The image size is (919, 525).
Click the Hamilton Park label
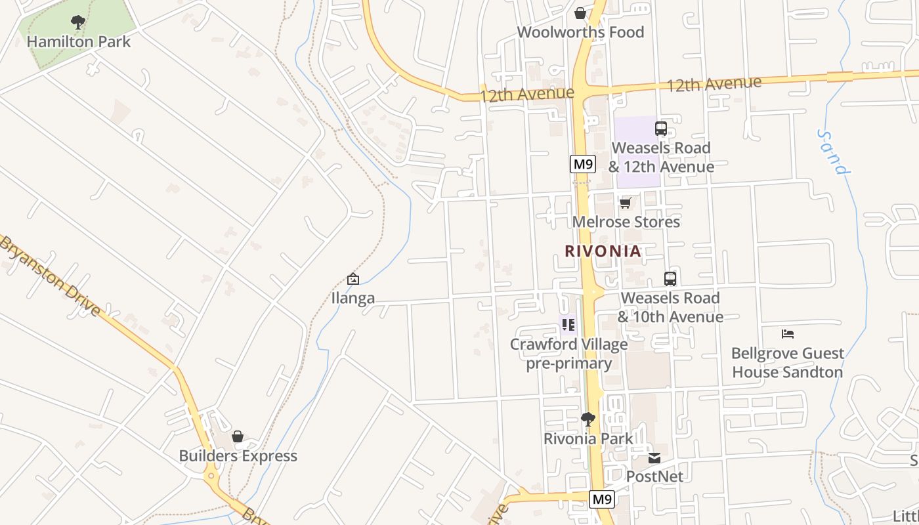79,42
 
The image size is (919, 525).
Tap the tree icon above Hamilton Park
78,23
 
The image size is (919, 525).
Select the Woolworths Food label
580,32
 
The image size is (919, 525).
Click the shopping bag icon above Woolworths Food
580,13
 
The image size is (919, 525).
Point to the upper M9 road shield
582,164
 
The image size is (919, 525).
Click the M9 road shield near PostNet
602,499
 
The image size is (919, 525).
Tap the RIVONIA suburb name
603,251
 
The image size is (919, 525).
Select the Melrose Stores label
626,222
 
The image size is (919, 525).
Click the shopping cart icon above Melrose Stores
626,203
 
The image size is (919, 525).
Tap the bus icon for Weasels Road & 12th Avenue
661,129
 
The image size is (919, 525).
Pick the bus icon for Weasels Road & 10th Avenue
670,279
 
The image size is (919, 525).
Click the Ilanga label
353,298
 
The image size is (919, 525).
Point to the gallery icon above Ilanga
353,279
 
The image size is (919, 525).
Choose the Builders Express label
238,456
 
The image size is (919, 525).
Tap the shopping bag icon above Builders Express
238,437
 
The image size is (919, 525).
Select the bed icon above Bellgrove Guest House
788,334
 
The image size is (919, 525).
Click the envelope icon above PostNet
654,458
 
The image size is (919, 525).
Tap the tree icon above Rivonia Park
588,419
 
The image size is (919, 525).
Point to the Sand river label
834,152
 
